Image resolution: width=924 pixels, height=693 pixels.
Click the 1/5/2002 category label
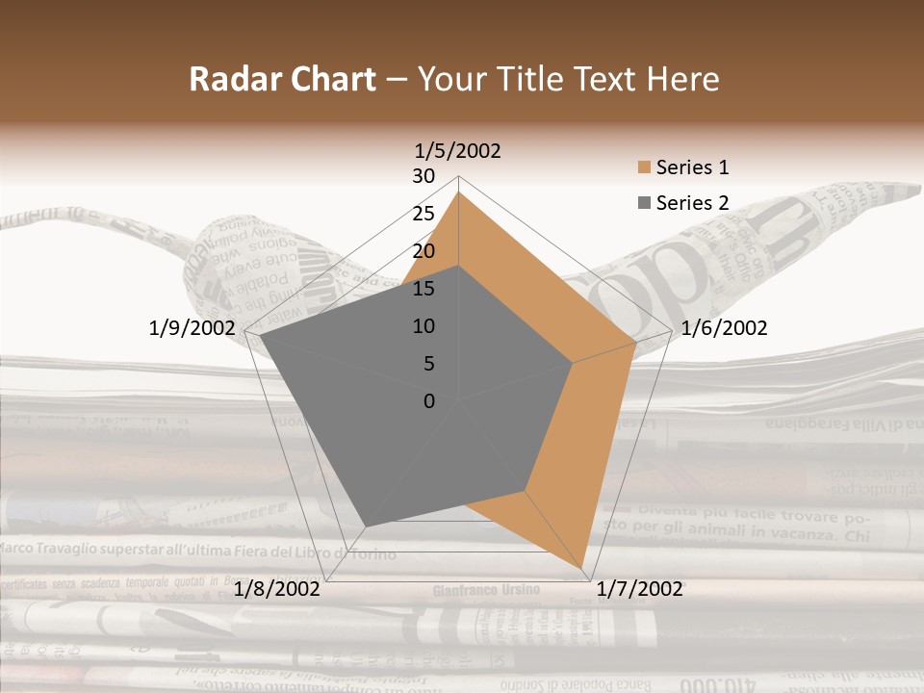458,151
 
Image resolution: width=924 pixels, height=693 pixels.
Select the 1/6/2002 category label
724,328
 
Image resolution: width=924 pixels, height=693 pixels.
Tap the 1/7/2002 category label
640,589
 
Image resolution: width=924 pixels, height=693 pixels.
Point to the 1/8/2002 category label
277,589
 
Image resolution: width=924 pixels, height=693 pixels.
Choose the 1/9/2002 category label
192,328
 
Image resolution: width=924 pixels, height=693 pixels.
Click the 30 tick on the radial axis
423,176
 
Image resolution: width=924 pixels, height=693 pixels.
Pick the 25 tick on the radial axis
423,214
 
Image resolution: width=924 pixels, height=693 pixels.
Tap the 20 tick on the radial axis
423,251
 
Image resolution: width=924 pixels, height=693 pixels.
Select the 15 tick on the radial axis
423,289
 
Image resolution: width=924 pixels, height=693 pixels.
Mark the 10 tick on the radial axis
423,326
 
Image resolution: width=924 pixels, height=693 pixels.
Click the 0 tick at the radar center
429,401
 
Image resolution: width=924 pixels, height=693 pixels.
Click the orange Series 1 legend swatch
643,168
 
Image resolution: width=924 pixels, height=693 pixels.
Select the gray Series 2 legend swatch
643,203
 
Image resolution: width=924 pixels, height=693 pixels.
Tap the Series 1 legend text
692,167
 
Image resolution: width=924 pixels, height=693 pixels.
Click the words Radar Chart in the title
282,79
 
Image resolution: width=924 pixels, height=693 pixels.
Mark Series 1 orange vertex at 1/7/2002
581,567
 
